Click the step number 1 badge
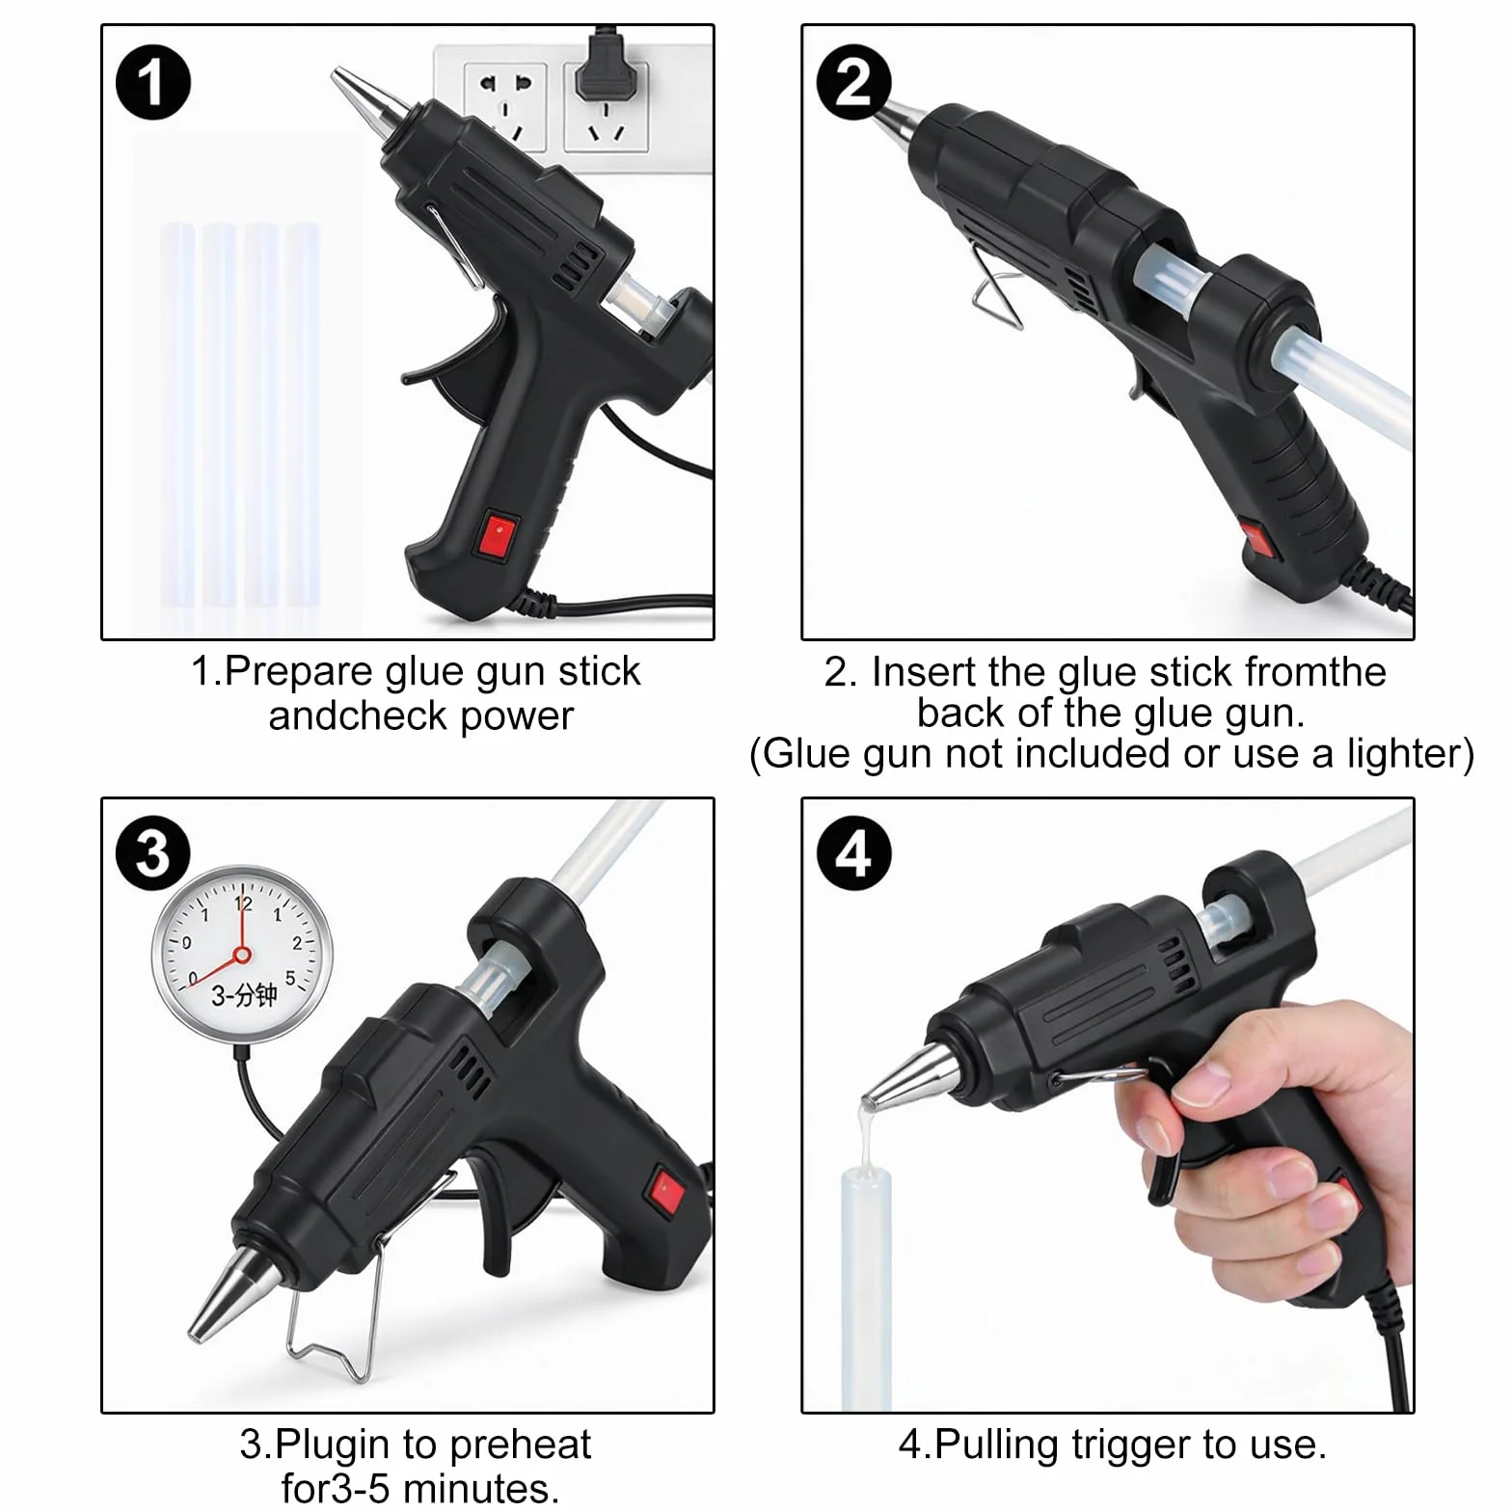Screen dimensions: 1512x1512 click(152, 82)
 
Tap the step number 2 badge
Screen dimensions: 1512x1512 click(853, 82)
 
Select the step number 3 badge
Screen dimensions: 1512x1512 click(152, 854)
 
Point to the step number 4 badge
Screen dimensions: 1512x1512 click(853, 854)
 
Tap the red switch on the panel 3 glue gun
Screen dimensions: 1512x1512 click(666, 1189)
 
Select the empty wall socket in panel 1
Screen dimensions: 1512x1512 click(504, 106)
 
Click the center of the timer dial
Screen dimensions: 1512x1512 click(242, 955)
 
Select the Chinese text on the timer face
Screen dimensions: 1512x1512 click(244, 995)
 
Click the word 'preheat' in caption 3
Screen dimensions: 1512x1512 click(520, 1444)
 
